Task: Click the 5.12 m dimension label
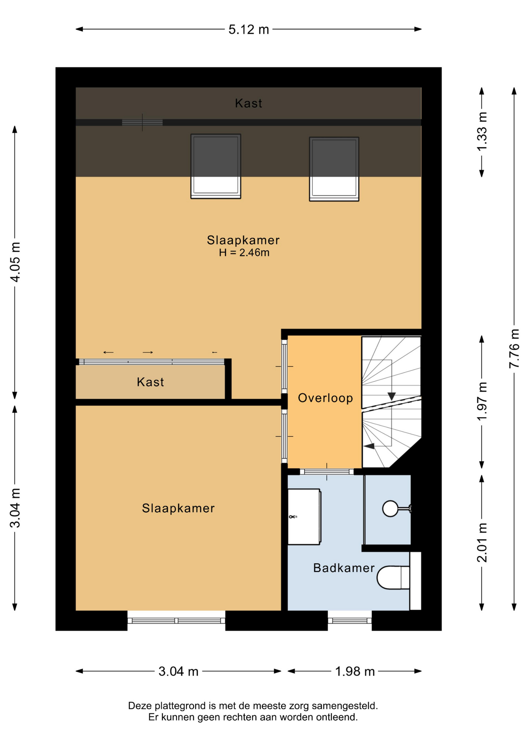[249, 30]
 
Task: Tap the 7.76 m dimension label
[514, 349]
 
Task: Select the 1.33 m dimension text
[482, 132]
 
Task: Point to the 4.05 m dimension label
[15, 262]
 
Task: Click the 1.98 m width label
[355, 671]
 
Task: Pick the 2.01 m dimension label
[482, 542]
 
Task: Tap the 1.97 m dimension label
[482, 401]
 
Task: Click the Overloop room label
[325, 398]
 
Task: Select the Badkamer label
[344, 568]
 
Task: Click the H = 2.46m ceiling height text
[244, 253]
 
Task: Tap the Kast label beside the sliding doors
[150, 382]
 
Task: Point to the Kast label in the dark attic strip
[249, 103]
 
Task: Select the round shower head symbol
[390, 509]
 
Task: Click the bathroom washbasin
[304, 517]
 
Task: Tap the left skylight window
[215, 166]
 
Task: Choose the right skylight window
[334, 169]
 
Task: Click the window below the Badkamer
[349, 621]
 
